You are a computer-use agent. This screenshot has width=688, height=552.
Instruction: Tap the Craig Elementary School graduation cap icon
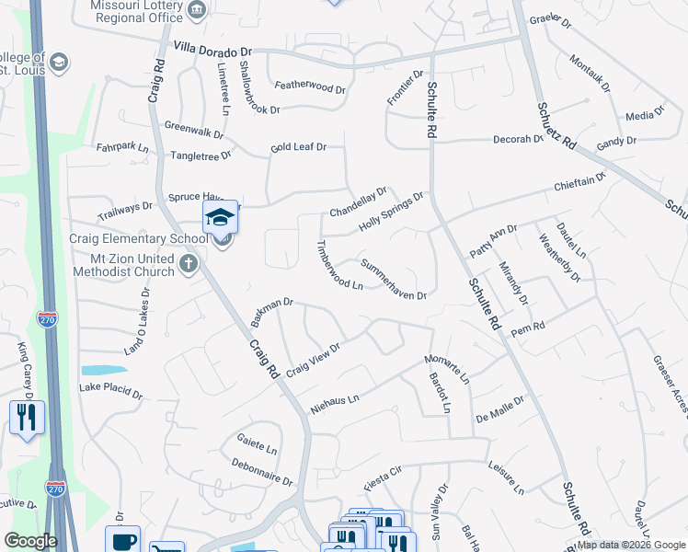pos(221,217)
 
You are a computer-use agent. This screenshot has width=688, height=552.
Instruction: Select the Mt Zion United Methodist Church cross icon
pos(188,265)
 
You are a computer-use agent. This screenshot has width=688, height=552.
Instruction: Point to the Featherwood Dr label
pos(310,87)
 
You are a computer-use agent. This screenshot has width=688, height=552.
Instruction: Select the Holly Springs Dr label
pos(391,211)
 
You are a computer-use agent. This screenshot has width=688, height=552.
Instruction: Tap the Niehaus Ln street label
pos(334,403)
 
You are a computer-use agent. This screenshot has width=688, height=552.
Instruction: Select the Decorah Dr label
pos(518,140)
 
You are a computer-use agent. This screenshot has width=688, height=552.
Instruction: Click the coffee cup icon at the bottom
pos(122,541)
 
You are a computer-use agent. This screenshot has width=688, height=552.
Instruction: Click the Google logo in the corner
pos(30,541)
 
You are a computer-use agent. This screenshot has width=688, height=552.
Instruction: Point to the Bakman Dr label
pos(271,312)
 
